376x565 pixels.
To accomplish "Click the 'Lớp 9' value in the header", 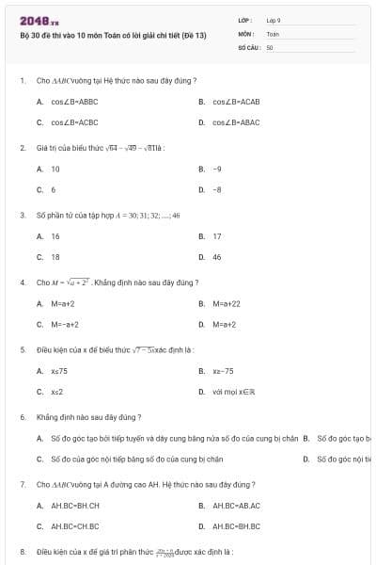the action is (274, 20).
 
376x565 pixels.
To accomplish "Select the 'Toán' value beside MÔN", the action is (273, 33).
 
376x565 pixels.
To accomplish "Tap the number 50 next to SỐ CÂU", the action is (270, 46).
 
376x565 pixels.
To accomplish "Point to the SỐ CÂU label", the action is (248, 46).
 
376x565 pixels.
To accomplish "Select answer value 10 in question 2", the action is (55, 169).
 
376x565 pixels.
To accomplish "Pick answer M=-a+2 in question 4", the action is (64, 324).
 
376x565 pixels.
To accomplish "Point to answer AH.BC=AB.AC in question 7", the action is (236, 506).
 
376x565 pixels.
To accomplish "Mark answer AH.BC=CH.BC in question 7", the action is (74, 526).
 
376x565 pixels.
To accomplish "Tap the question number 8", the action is (23, 551).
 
